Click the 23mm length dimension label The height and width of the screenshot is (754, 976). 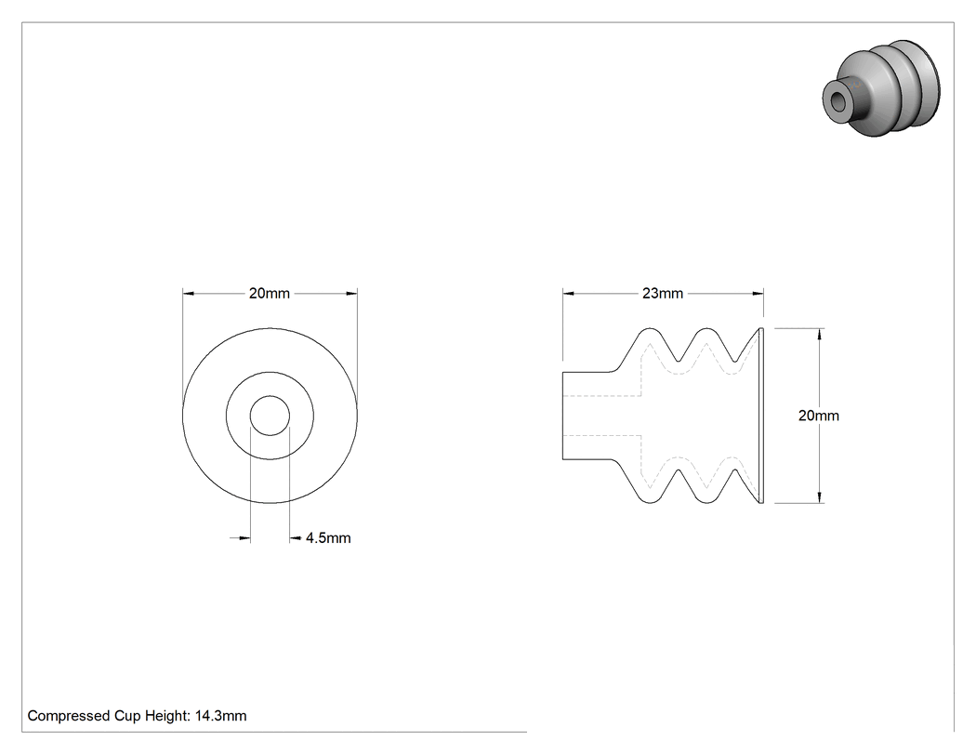(662, 293)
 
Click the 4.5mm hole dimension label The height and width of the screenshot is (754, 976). (328, 538)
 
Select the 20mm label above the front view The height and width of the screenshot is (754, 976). (270, 293)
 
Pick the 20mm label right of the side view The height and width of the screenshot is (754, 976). (819, 416)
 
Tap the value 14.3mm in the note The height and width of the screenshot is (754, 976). (221, 716)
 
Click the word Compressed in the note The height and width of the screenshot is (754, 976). (69, 716)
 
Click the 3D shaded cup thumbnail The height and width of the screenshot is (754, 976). (881, 88)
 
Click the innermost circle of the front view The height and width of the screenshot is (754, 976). (270, 396)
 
